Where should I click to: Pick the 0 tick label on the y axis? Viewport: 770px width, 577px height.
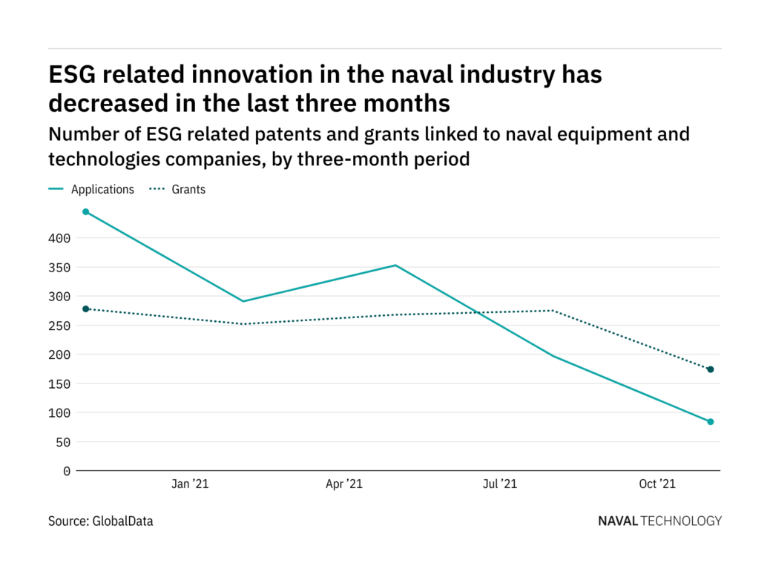[67, 471]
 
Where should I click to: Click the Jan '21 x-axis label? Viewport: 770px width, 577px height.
[190, 484]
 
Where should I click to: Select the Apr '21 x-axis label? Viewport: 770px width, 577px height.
[344, 484]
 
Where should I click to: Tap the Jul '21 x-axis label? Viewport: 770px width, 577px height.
[500, 484]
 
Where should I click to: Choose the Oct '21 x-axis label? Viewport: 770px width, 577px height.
[657, 484]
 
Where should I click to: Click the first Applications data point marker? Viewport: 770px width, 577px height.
[86, 212]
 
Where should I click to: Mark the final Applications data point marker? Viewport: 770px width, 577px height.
[711, 422]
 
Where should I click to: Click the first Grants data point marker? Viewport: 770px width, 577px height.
[86, 309]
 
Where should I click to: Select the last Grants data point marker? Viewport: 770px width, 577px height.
[711, 369]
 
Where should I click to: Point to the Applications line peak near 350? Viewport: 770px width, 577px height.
[396, 266]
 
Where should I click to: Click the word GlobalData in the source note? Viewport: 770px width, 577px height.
[122, 521]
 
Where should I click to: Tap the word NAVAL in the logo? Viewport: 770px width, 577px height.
[617, 521]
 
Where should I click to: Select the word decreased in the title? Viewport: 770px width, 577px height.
[103, 103]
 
